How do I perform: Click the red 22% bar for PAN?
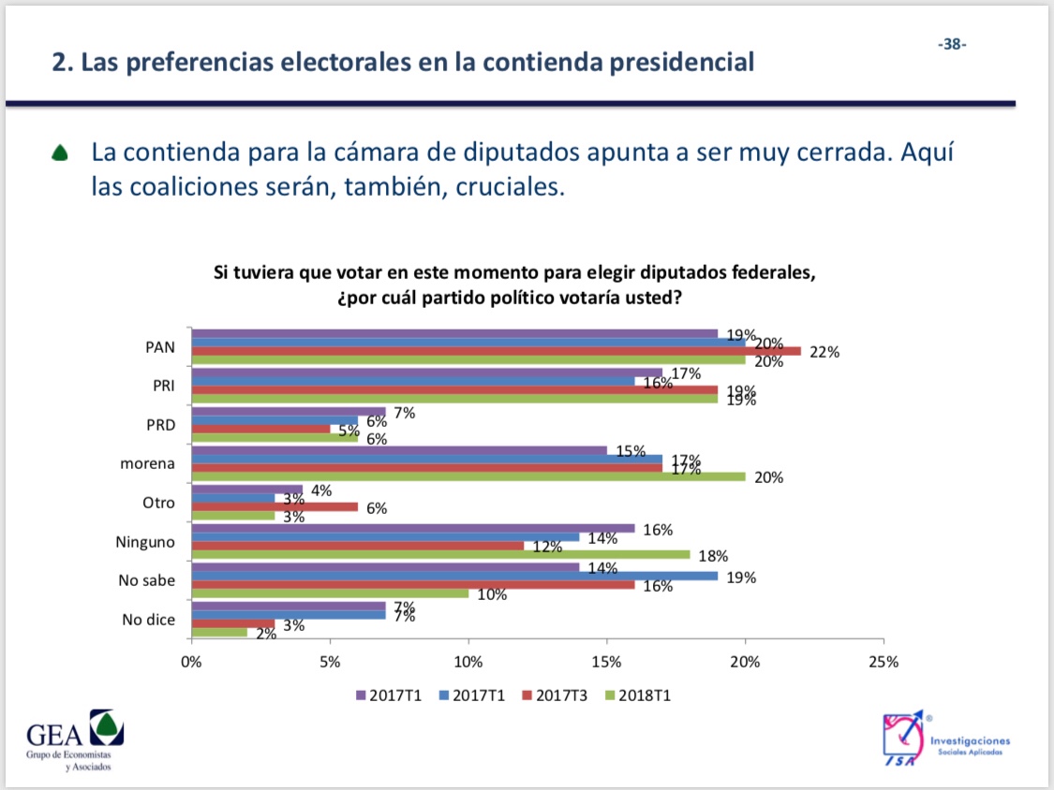[x=497, y=352]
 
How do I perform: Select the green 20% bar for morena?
[x=468, y=476]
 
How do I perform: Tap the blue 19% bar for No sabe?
[x=454, y=577]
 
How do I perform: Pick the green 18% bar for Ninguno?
[x=440, y=554]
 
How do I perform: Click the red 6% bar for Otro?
[x=275, y=507]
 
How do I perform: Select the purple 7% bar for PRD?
[x=289, y=412]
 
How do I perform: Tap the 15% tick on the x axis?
[x=606, y=662]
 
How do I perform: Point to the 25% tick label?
[x=883, y=662]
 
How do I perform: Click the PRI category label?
[x=161, y=385]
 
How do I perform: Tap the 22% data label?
[x=825, y=353]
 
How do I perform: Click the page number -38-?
[x=953, y=44]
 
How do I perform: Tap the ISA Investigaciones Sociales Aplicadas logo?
[x=946, y=741]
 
